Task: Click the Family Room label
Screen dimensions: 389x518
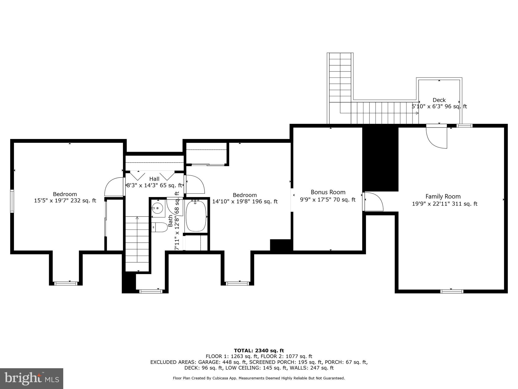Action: tap(443, 196)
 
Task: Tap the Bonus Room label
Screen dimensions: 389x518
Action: tap(328, 192)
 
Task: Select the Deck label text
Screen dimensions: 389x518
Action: tap(439, 100)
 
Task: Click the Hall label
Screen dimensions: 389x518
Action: tap(154, 179)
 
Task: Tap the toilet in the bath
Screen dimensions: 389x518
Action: tap(160, 227)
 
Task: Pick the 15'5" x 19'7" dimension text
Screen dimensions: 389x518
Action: tap(65, 201)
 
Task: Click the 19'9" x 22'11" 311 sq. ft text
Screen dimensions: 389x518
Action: tap(445, 204)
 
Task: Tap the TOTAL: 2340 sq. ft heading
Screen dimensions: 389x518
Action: tap(259, 351)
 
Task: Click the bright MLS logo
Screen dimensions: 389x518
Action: tap(31, 378)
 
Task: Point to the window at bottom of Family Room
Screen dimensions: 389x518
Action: tap(452, 291)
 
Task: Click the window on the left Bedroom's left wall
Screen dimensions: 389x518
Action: tap(12, 201)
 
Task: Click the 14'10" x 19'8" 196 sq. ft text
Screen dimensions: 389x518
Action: tap(245, 202)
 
